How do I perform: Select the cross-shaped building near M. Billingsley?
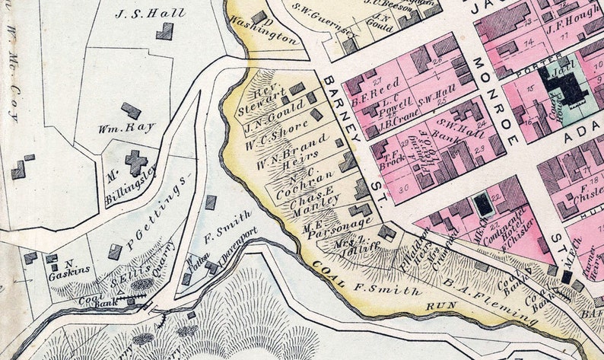click(x=136, y=161)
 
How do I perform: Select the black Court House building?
click(x=564, y=84)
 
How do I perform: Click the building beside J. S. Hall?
click(x=164, y=31)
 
